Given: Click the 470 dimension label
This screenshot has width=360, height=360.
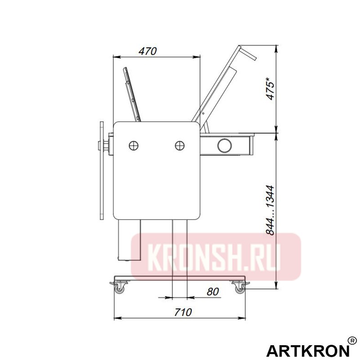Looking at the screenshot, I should [x=147, y=51].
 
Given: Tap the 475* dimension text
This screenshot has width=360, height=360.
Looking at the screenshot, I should [x=270, y=89].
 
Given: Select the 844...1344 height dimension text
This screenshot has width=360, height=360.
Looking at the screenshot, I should [x=270, y=210].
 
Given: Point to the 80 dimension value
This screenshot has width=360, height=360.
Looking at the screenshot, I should [x=213, y=292].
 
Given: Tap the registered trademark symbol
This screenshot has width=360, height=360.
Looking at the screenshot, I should [x=353, y=341].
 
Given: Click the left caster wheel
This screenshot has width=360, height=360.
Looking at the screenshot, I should [x=120, y=289].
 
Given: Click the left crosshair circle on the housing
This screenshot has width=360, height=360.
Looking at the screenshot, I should [x=134, y=145].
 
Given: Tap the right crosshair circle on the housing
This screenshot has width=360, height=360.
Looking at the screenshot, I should [x=180, y=145].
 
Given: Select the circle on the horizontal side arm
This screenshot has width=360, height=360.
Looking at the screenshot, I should [x=224, y=145].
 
